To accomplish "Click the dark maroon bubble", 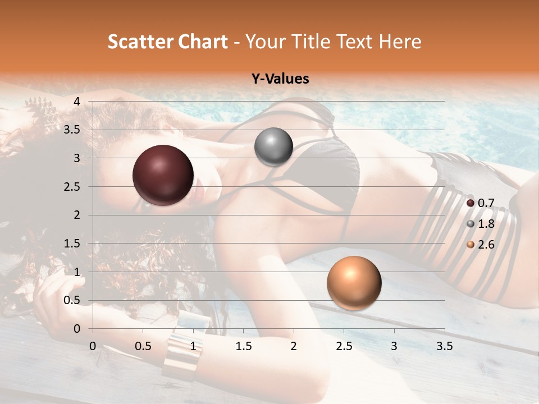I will (163, 175).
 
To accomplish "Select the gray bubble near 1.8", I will (273, 146).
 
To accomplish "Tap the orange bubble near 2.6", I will (354, 283).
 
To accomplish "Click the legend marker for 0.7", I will (471, 203).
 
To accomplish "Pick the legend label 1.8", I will (486, 224).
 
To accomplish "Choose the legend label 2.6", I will (486, 245).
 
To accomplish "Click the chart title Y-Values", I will (280, 79).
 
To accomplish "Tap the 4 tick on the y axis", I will (77, 102).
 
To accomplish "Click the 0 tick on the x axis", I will (93, 346).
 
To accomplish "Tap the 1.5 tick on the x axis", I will (243, 346).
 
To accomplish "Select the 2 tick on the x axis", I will (294, 346).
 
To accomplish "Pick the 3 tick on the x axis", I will (394, 346).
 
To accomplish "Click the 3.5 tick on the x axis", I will (444, 346).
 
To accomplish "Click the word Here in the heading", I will (399, 42).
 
